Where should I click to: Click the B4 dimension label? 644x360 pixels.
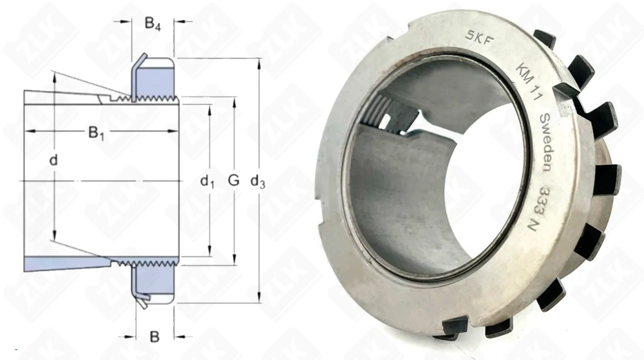(152, 24)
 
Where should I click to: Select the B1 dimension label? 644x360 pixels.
(95, 134)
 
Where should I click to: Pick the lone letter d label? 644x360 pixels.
(53, 158)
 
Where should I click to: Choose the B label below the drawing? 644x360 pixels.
(155, 336)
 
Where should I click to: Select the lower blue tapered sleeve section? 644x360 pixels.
(64, 264)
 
